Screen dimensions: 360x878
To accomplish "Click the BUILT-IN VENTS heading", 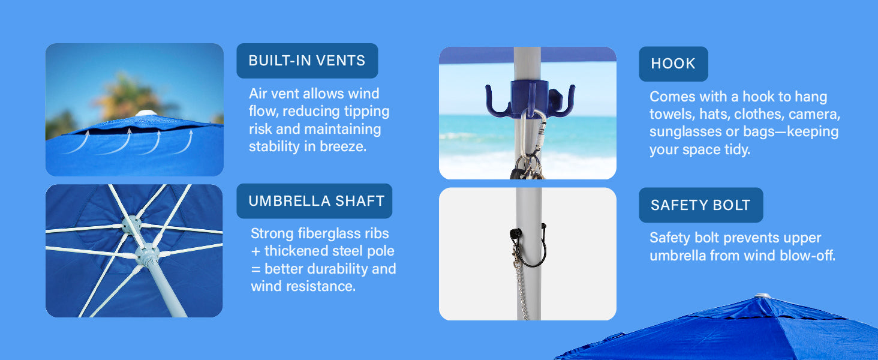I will (x=306, y=61).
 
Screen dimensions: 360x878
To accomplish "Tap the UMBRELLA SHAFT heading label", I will (x=316, y=201).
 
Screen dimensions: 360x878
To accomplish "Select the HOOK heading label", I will (x=673, y=64).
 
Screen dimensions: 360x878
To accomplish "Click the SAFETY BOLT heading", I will (x=700, y=205).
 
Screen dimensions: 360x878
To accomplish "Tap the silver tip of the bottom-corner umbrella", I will (x=762, y=296).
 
